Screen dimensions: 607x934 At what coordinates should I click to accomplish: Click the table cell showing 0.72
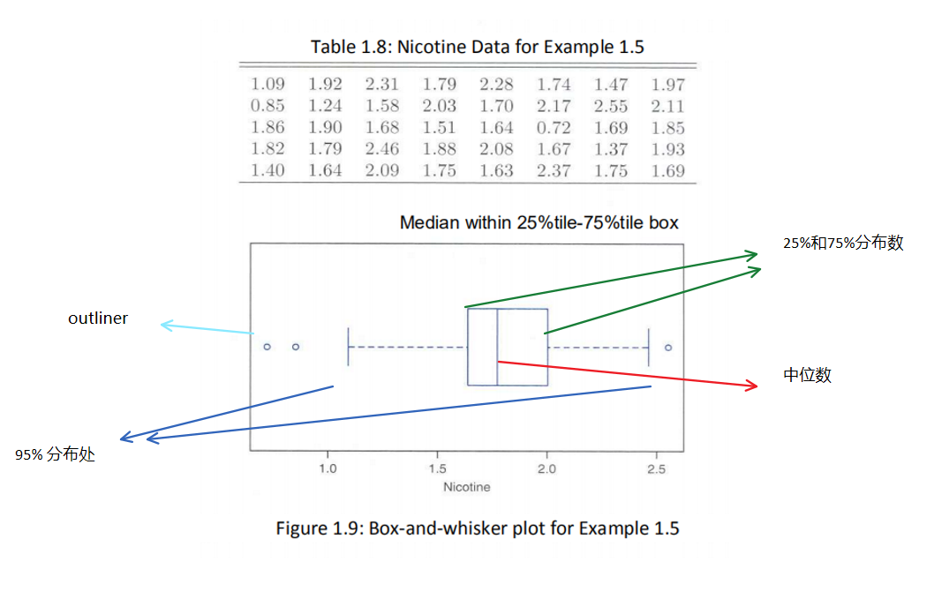[553, 128]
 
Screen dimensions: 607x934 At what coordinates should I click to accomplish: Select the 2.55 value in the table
[610, 107]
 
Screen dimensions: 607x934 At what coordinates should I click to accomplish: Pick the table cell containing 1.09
[267, 86]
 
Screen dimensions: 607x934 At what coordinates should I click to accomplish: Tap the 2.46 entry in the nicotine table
[381, 150]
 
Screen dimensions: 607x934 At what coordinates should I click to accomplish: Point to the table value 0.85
[267, 107]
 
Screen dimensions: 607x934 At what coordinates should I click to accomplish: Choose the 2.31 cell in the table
[381, 86]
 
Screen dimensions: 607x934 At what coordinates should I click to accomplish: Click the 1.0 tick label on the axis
[328, 469]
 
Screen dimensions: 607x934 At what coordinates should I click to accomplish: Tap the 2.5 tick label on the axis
[656, 469]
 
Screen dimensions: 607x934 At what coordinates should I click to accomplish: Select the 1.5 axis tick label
[438, 469]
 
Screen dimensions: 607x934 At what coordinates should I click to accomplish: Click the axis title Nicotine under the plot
[467, 487]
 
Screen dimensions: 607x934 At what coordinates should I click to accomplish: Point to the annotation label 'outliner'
[98, 318]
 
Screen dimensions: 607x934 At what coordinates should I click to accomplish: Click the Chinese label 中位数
[807, 375]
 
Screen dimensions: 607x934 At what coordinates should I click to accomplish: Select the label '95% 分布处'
[55, 455]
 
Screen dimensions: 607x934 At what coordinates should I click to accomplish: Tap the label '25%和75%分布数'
[843, 244]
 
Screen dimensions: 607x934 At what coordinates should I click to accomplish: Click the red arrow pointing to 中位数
[627, 374]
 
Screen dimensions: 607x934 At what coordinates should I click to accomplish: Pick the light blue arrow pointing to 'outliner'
[207, 329]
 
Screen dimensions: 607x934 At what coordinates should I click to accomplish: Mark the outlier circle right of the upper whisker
[668, 348]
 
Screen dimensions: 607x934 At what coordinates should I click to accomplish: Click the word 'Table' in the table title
[331, 47]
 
